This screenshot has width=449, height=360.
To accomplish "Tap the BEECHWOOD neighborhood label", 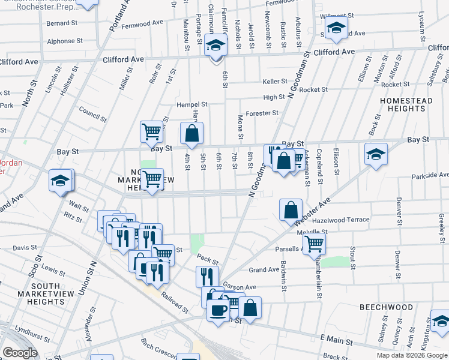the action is pyautogui.click(x=386, y=307).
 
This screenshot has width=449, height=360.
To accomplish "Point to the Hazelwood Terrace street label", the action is pyautogui.click(x=342, y=220).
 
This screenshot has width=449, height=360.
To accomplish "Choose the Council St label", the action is pyautogui.click(x=92, y=116).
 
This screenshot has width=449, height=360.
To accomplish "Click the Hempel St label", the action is pyautogui.click(x=191, y=104).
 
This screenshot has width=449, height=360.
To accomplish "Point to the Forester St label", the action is pyautogui.click(x=262, y=112).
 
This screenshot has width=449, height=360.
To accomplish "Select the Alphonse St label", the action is pyautogui.click(x=65, y=41).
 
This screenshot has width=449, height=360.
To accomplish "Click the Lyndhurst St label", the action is pyautogui.click(x=31, y=330).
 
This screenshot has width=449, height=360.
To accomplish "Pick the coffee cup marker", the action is pyautogui.click(x=217, y=310).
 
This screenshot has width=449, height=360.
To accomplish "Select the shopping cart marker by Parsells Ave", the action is pyautogui.click(x=314, y=244).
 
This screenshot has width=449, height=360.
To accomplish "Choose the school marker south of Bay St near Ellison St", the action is pyautogui.click(x=375, y=155).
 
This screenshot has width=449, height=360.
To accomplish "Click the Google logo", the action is pyautogui.click(x=20, y=353).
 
